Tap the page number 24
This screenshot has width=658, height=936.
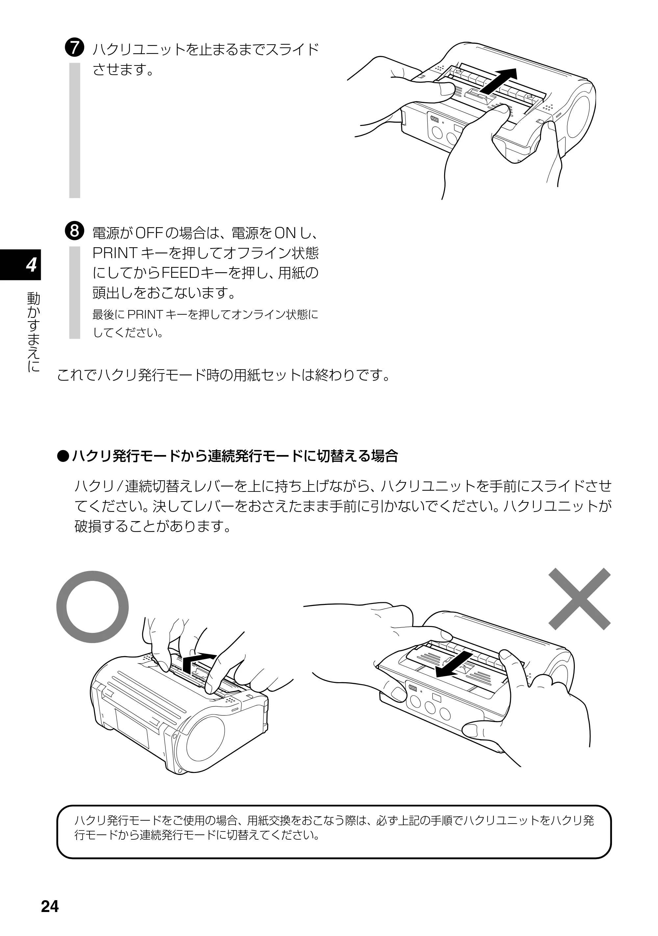pyautogui.click(x=50, y=906)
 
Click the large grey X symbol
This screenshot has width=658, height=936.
pyautogui.click(x=579, y=599)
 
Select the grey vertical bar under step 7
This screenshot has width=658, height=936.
pyautogui.click(x=75, y=130)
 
